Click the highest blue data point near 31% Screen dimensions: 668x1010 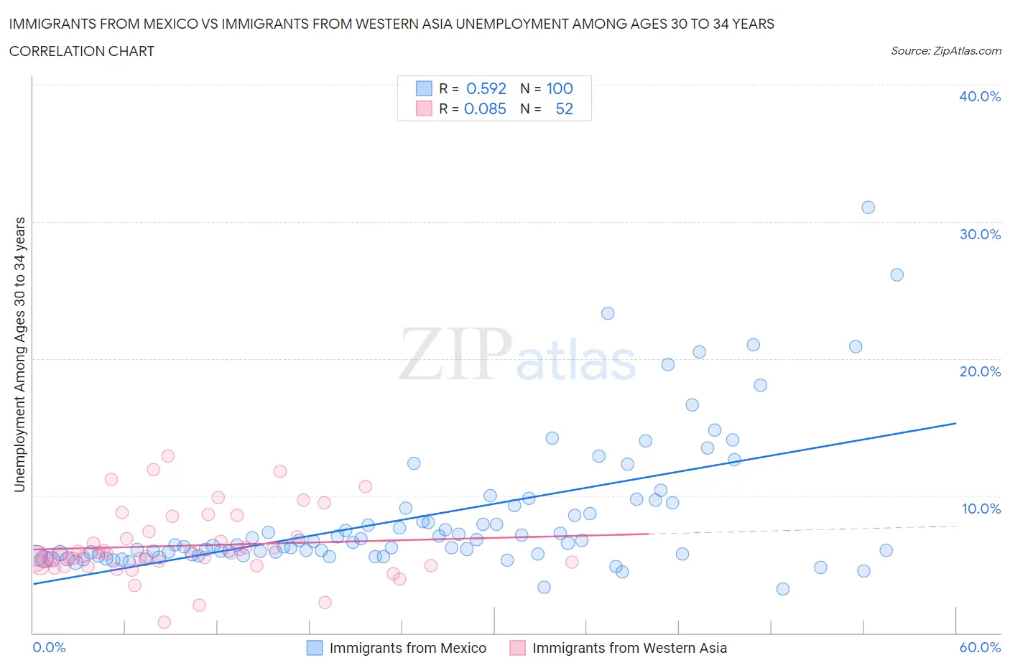[x=868, y=208]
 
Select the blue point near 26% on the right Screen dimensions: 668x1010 [x=897, y=274]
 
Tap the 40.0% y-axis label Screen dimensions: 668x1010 [x=980, y=96]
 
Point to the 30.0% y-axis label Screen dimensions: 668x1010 [x=980, y=234]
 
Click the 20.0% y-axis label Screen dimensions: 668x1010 [x=980, y=371]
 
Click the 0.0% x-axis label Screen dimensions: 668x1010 [x=50, y=647]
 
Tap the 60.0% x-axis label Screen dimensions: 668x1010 [x=980, y=647]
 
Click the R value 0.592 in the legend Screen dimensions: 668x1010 [x=486, y=88]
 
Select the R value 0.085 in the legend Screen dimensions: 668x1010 [x=485, y=108]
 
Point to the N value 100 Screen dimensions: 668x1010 [x=560, y=88]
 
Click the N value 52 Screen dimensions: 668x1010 [x=565, y=108]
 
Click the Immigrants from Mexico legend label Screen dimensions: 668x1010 [x=407, y=648]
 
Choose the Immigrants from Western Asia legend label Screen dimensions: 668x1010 [x=629, y=648]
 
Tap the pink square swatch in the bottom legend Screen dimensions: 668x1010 [x=517, y=648]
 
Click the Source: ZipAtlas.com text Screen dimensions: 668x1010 [x=945, y=51]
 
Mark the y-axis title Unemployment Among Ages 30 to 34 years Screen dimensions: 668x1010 [x=20, y=355]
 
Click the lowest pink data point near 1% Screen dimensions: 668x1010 [x=165, y=622]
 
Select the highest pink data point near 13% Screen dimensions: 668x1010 [x=168, y=456]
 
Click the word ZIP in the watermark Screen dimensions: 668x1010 [x=455, y=354]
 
